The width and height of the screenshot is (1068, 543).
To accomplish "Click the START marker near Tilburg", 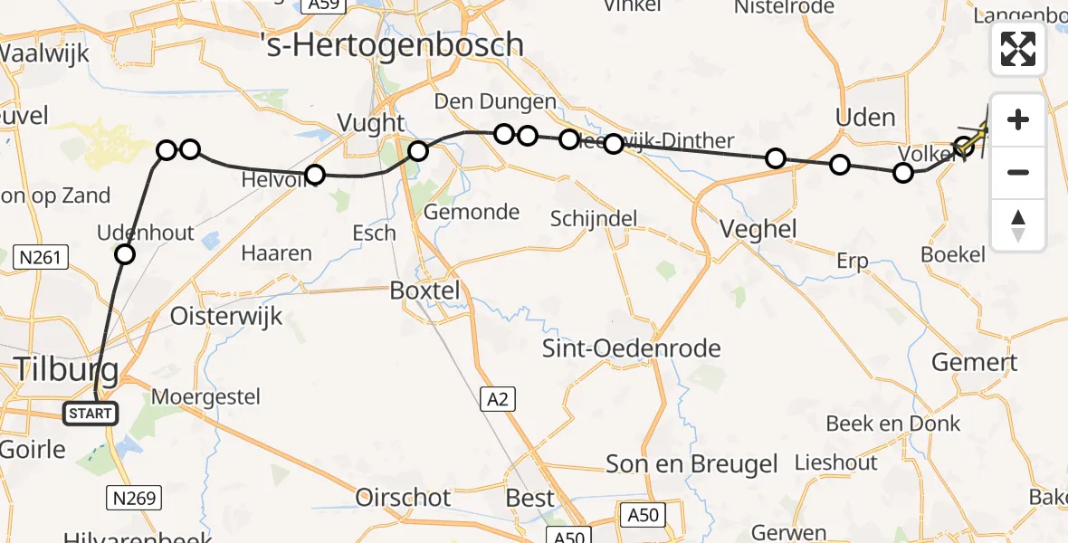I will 91,414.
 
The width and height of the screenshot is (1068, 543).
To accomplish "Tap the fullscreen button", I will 1018,49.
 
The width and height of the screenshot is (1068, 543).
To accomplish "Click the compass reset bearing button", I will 1018,225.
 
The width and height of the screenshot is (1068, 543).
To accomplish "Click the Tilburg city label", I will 66,369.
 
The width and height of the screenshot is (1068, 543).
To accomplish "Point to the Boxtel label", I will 424,291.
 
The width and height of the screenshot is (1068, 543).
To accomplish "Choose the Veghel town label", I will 758,229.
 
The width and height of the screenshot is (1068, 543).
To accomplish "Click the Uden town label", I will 865,118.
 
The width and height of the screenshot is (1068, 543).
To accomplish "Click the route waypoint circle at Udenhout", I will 125,255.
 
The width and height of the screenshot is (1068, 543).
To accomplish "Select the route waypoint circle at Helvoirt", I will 314,174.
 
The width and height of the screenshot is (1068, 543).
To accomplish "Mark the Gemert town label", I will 975,363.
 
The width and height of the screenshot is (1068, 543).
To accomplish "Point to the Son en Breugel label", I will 692,464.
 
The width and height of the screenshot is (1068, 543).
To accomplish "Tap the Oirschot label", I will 403,498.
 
